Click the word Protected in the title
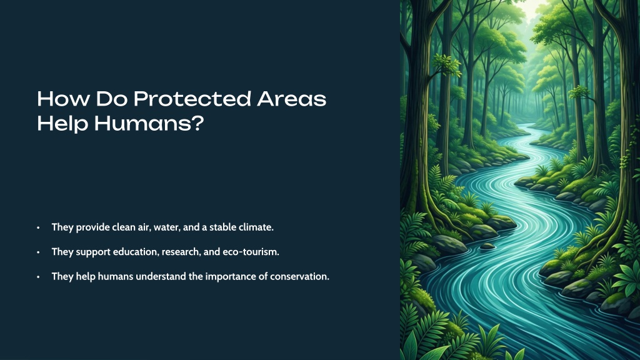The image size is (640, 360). (192, 99)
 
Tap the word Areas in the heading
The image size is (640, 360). (292, 99)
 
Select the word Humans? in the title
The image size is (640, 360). (149, 123)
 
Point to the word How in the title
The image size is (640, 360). (63, 99)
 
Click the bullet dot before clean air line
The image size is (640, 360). (38, 227)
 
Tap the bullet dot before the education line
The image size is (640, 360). (38, 252)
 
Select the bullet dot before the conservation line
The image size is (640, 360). (38, 277)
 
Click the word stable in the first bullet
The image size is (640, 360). (223, 227)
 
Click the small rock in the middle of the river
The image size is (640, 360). (487, 246)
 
